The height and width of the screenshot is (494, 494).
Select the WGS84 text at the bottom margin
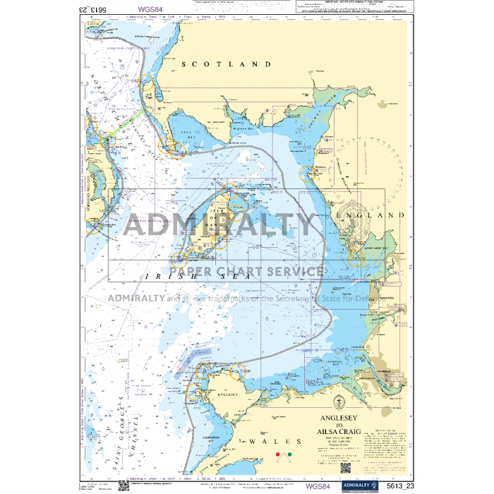(x=317, y=486)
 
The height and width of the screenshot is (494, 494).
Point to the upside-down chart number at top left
(x=94, y=8)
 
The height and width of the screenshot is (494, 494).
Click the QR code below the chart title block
(x=345, y=467)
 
